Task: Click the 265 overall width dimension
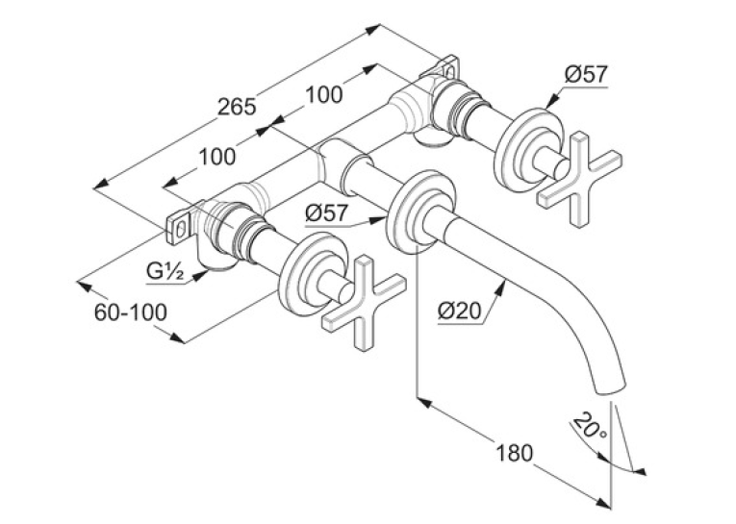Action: [x=237, y=107]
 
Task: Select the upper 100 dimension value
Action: [x=324, y=95]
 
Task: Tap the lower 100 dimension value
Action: [x=216, y=156]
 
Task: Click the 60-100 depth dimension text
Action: [x=131, y=312]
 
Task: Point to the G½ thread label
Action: [x=165, y=271]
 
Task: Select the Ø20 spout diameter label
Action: [x=461, y=311]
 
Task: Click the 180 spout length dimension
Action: [x=515, y=453]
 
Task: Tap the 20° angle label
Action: [x=590, y=426]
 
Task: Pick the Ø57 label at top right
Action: [x=586, y=74]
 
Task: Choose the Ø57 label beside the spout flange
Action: [x=327, y=213]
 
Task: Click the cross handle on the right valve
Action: [x=579, y=179]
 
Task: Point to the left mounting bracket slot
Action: [x=181, y=229]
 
